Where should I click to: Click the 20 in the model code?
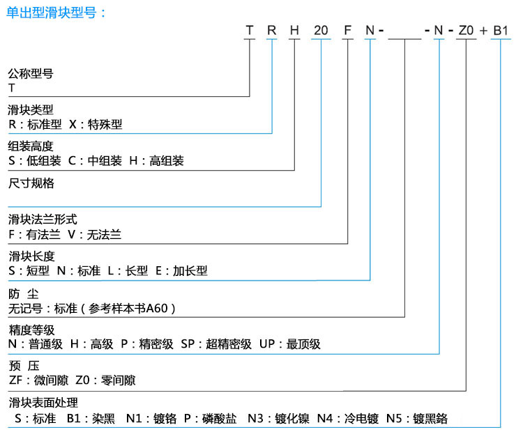[321, 31]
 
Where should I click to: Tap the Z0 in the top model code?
[466, 31]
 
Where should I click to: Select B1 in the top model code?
[501, 31]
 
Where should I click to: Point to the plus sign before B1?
[483, 31]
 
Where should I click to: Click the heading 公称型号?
[31, 73]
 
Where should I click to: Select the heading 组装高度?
[31, 146]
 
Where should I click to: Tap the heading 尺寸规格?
[31, 183]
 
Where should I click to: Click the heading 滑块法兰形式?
[43, 219]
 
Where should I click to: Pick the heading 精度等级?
[31, 330]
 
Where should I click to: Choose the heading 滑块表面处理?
[43, 403]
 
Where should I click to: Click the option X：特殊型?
[96, 124]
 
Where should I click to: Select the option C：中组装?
[95, 161]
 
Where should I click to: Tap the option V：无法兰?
[94, 235]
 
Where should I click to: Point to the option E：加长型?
[181, 270]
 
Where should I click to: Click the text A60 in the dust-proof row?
[156, 308]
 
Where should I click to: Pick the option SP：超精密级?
[216, 344]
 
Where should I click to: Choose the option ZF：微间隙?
[38, 380]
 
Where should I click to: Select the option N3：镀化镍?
[278, 418]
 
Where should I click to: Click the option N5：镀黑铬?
[417, 418]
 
